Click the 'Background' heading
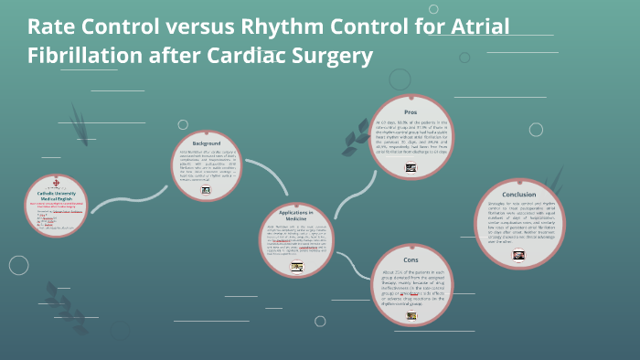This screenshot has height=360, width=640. point(206,144)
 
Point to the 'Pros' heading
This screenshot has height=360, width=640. point(411,111)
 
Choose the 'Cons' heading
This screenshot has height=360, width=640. point(411,259)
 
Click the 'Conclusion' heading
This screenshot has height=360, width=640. point(519,195)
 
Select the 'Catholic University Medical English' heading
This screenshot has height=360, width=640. point(58,196)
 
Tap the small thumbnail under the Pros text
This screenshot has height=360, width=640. point(411,167)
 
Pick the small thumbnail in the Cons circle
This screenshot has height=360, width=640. point(411,316)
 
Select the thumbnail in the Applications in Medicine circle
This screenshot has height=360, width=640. point(296,268)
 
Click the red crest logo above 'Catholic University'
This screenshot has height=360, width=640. point(57,183)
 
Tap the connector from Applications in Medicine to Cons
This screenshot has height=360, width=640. point(347,270)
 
